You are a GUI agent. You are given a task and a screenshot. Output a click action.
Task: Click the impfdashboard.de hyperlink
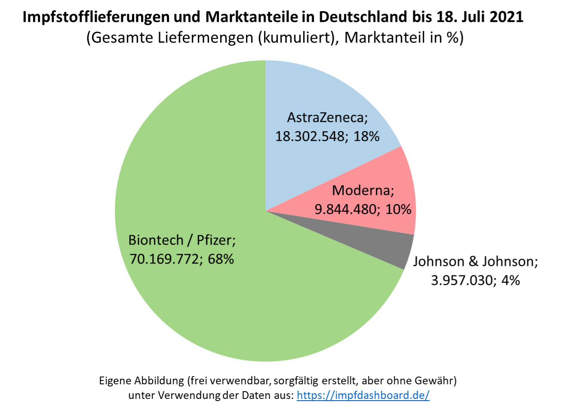362,395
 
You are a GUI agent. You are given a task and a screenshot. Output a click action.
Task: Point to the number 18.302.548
310,136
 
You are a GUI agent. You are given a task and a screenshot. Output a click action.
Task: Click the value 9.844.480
346,210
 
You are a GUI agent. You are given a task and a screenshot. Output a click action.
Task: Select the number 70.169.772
164,259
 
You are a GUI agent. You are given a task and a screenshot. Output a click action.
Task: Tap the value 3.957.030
461,281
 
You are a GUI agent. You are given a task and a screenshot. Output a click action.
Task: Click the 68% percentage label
221,259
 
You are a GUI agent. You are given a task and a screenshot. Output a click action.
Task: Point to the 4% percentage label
511,281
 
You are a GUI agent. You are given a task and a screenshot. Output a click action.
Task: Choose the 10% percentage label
398,210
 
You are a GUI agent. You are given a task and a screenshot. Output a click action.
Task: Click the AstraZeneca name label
327,117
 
